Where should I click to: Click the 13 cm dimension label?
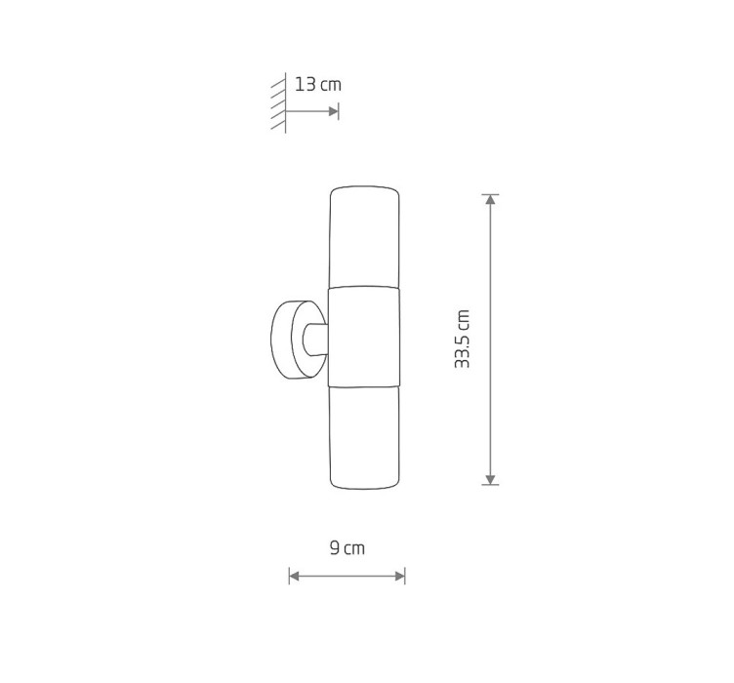(x=318, y=85)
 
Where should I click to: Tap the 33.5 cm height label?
(x=462, y=340)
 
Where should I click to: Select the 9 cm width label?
(x=347, y=547)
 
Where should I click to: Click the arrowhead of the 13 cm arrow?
(x=334, y=111)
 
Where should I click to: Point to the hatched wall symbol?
(x=279, y=102)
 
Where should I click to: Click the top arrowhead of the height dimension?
(x=490, y=199)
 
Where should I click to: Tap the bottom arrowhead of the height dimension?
(x=490, y=479)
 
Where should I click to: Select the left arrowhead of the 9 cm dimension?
(x=294, y=576)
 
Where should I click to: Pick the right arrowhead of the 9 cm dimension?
(x=400, y=576)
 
